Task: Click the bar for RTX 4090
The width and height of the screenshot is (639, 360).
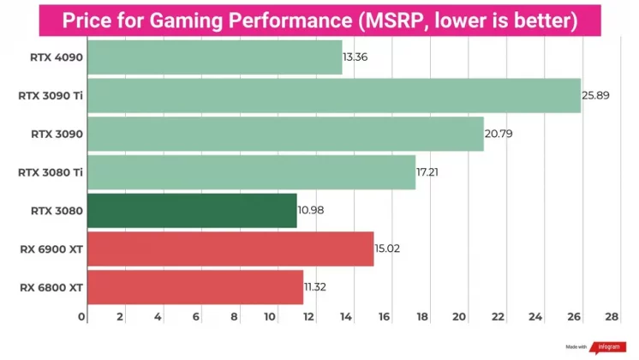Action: (x=214, y=57)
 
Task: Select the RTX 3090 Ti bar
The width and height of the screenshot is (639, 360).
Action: (x=334, y=95)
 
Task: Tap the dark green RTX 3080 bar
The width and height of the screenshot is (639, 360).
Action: (x=192, y=210)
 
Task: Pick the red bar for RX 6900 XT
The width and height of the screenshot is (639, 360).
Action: (x=230, y=249)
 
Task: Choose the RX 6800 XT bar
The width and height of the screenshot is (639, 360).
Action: (x=195, y=287)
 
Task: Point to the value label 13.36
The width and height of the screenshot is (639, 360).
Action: (x=355, y=57)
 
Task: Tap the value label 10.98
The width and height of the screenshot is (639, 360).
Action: (x=311, y=210)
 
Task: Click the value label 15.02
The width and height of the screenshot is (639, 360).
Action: (x=387, y=249)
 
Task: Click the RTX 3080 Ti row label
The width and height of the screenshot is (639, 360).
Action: (x=51, y=172)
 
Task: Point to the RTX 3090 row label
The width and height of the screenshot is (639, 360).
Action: (x=57, y=134)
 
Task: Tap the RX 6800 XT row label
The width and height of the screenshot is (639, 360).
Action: (x=51, y=287)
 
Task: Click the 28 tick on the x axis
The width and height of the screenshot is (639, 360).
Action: (x=611, y=317)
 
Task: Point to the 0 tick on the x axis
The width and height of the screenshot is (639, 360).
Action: (x=83, y=317)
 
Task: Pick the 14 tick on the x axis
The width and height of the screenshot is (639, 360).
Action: (x=347, y=317)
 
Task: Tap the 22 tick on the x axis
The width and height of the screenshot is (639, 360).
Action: (x=498, y=317)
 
